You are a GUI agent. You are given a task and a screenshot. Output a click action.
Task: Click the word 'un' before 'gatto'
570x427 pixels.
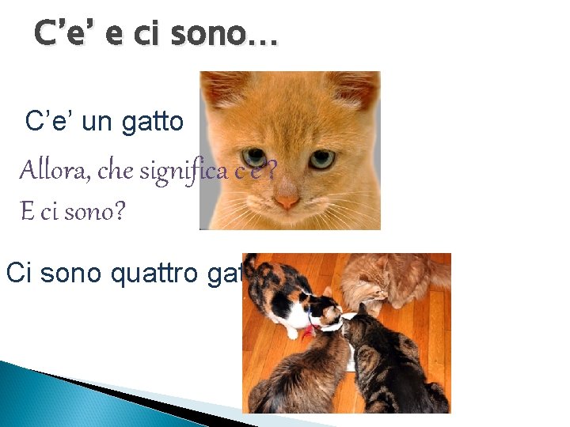coord(97,122)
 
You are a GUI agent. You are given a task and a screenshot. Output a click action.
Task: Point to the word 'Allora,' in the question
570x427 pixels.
coord(52,170)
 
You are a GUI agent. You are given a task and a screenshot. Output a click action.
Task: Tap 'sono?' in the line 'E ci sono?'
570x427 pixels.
coord(101,212)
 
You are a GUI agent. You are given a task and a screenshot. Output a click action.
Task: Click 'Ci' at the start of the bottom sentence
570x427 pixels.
coord(19,273)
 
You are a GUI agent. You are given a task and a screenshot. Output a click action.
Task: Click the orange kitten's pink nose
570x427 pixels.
coord(287,202)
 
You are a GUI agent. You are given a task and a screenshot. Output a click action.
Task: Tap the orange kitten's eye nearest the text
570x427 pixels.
coord(255,157)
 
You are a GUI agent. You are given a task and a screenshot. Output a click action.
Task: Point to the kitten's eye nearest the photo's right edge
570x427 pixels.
coord(321,159)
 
